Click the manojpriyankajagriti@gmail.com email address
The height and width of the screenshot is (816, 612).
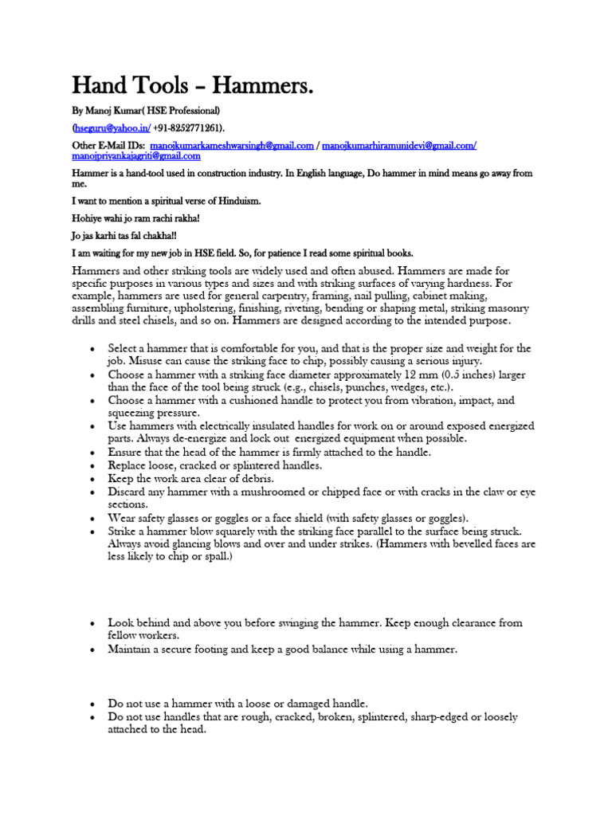tap(136, 156)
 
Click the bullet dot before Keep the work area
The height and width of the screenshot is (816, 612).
tap(94, 479)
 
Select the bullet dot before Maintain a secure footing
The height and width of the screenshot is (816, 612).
tap(94, 649)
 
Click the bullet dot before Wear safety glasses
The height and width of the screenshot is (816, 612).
tap(94, 518)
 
